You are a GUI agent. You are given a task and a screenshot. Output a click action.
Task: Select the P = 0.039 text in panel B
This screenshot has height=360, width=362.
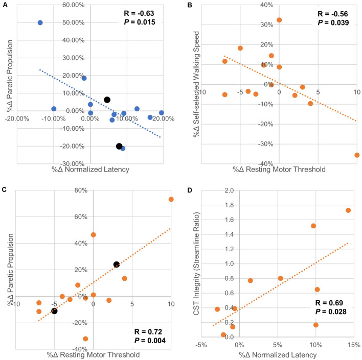click(333, 23)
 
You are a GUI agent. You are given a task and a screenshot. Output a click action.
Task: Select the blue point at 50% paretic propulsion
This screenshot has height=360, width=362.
click(40, 22)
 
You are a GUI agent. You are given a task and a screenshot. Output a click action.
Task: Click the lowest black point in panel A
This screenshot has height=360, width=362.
click(119, 146)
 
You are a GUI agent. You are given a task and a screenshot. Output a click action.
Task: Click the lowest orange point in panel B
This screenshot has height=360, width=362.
click(356, 155)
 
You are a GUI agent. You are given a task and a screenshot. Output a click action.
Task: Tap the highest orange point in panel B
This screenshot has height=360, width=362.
click(279, 20)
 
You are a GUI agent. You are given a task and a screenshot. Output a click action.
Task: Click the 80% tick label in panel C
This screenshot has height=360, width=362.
click(82, 190)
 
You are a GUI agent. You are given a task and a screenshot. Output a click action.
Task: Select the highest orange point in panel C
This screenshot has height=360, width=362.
click(171, 199)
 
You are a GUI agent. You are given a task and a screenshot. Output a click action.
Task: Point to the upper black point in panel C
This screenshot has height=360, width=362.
click(117, 265)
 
